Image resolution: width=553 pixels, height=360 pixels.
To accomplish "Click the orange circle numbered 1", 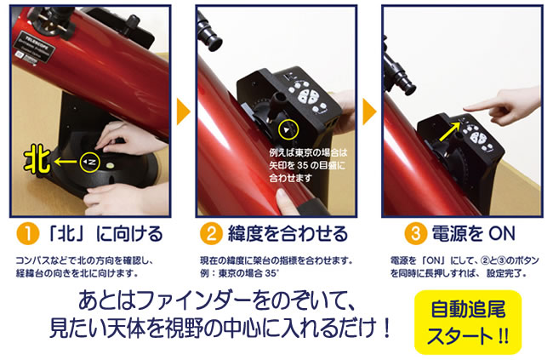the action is [x=27, y=234].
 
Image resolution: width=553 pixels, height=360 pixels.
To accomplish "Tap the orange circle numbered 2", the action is [x=211, y=234].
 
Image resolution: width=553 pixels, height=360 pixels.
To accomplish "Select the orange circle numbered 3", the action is [x=415, y=234].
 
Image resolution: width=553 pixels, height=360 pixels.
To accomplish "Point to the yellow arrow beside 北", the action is [x=66, y=162].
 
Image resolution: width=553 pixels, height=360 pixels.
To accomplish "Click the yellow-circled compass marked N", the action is [x=90, y=162].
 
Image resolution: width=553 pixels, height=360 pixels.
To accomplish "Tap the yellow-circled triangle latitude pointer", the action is [x=288, y=130].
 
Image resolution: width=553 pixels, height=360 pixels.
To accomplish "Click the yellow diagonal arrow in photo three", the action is [x=450, y=131].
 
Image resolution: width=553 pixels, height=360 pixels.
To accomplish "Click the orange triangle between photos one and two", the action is [x=183, y=111].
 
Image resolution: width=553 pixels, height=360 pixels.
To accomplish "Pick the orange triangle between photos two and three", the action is [x=369, y=111].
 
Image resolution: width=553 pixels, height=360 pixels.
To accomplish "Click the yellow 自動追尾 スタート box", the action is [x=468, y=323].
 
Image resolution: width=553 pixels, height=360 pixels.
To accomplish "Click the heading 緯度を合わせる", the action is [x=288, y=234].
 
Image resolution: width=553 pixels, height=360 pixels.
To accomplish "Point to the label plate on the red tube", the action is [x=35, y=48].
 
